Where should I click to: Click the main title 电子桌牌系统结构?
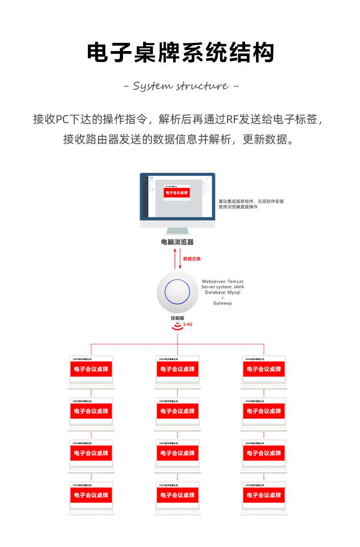click(180, 53)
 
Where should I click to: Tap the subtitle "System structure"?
click(181, 86)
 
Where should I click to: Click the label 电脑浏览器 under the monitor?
click(177, 242)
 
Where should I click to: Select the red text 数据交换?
click(192, 259)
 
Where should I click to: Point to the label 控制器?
click(177, 318)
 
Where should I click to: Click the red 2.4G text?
click(187, 325)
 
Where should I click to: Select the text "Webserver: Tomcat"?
click(222, 282)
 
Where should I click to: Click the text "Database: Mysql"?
click(222, 292)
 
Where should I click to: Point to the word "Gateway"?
click(222, 303)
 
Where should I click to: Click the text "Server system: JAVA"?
click(222, 287)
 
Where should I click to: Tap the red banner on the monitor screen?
click(177, 193)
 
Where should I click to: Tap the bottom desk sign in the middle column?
click(177, 497)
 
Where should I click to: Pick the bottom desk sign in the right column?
click(264, 497)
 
